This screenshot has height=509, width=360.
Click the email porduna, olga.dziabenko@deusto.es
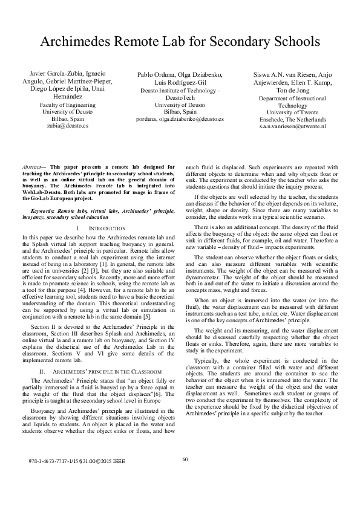point(180,119)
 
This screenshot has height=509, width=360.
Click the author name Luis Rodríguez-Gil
point(180,82)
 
